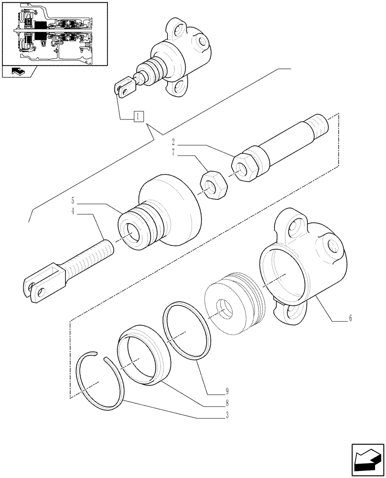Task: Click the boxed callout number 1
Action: click(138, 116)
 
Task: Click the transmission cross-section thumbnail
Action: click(54, 33)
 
